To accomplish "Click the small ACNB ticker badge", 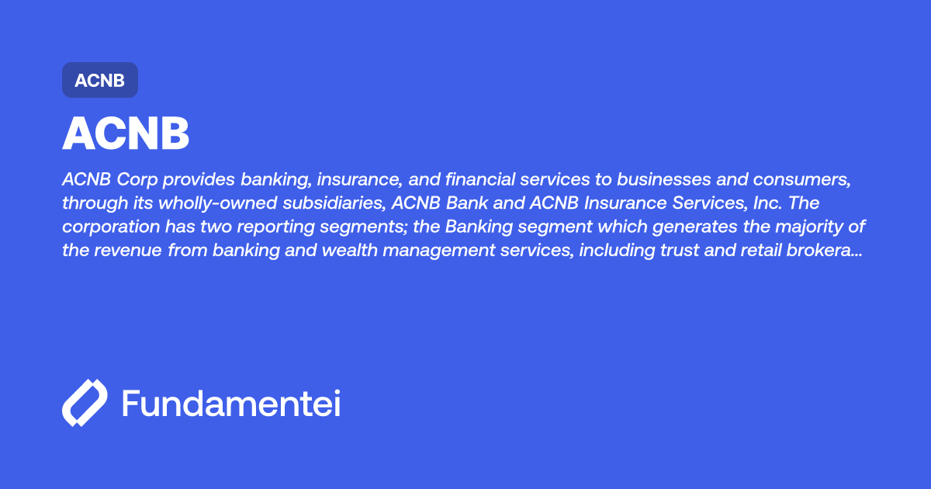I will pos(99,80).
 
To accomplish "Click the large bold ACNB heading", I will pos(126,134).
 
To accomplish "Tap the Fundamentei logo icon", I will pos(84,403).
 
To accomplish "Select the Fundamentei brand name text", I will pos(231,404).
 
